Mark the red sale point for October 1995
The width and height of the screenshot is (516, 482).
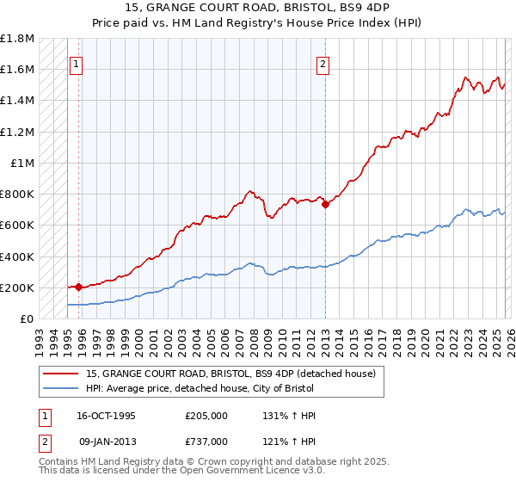(x=79, y=287)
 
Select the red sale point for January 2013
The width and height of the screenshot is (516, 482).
(x=325, y=204)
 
